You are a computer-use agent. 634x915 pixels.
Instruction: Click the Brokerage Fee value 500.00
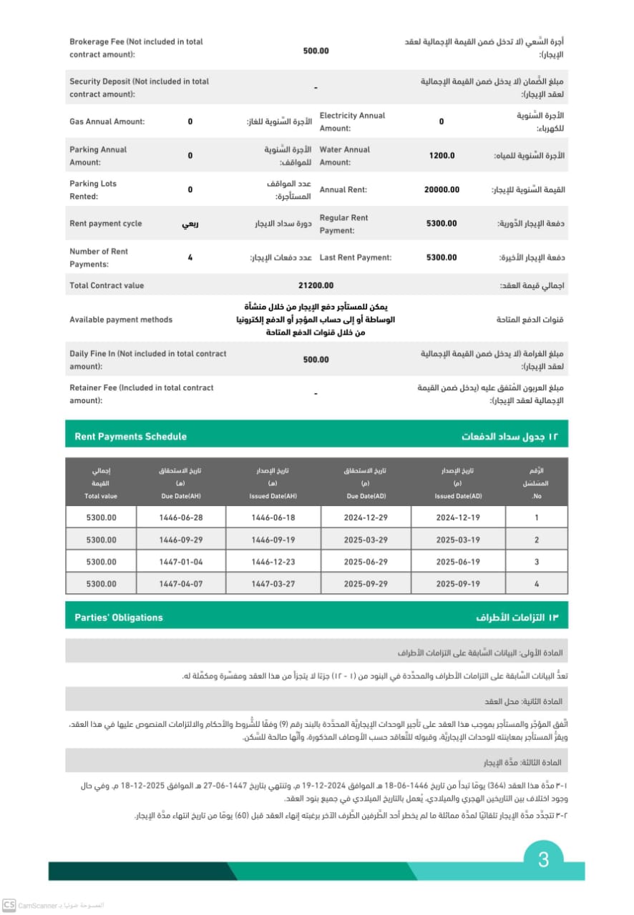pos(316,51)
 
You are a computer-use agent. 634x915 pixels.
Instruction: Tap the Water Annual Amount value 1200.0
pos(442,155)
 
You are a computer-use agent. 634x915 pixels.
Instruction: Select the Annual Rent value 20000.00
pos(442,189)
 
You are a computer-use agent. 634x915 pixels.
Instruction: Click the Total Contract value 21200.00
pos(316,285)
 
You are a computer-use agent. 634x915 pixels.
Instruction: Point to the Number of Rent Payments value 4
pos(190,257)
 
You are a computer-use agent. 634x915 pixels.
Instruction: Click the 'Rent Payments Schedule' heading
pos(130,436)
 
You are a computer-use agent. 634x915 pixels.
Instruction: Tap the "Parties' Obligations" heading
pos(119,617)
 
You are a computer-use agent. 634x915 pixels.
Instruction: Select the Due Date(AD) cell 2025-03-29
pos(366,540)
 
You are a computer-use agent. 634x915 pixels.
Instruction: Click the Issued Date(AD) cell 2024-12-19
pos(458,517)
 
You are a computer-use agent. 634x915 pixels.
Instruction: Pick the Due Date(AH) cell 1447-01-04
pos(181,562)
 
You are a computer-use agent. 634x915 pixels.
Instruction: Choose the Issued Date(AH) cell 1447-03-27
pos(273,584)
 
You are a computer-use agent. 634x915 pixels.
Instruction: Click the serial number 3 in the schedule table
pos(537,562)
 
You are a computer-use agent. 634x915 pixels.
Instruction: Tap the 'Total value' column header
pos(100,495)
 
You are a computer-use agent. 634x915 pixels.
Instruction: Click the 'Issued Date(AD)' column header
pos(458,495)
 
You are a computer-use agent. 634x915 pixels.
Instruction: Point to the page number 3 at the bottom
pos(543,859)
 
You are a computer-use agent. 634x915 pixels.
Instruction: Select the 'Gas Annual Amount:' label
pos(107,122)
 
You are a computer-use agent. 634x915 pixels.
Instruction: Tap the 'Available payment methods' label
pos(121,320)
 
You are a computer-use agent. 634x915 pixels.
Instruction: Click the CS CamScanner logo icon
pos(9,905)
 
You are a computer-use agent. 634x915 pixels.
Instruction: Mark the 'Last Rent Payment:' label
pos(356,257)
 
